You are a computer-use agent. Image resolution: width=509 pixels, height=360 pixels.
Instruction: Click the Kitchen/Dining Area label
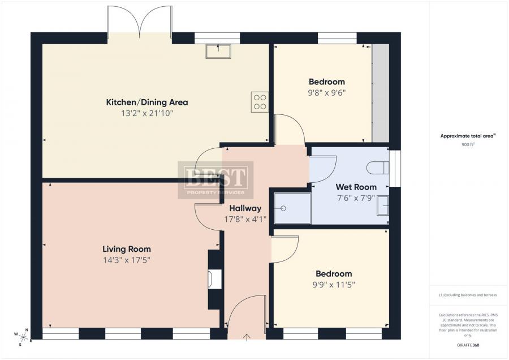click(x=147, y=102)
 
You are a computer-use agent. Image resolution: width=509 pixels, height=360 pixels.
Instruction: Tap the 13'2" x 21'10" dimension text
click(x=147, y=113)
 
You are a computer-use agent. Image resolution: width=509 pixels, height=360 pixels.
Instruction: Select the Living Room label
click(x=127, y=249)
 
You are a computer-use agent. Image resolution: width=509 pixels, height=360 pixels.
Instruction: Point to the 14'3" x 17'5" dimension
click(x=127, y=260)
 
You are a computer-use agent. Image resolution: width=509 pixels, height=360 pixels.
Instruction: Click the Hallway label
click(x=245, y=208)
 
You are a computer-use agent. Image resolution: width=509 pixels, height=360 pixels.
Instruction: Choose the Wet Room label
click(x=356, y=187)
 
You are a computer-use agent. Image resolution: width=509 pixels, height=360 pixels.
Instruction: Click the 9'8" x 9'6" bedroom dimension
click(x=327, y=93)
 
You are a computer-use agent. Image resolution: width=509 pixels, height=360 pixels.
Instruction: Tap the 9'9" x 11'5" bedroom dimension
click(x=334, y=285)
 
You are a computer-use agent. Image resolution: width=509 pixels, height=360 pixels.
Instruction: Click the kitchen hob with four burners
click(x=260, y=102)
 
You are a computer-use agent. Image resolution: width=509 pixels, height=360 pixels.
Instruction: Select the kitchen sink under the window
click(x=218, y=51)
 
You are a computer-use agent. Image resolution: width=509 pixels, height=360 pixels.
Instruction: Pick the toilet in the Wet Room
click(x=378, y=168)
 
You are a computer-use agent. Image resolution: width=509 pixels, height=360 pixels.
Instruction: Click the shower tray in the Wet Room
click(x=292, y=208)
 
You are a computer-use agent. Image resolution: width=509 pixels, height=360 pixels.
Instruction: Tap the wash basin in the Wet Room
click(x=383, y=205)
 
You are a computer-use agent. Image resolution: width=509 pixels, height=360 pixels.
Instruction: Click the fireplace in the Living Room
click(x=215, y=279)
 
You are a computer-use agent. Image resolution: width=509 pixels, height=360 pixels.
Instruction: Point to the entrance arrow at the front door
click(x=247, y=337)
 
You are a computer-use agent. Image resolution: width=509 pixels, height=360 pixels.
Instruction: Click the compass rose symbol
click(x=23, y=337)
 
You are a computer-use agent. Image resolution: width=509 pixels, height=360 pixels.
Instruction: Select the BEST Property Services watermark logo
click(x=215, y=180)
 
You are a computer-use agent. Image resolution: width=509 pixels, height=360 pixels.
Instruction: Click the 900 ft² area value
click(x=468, y=144)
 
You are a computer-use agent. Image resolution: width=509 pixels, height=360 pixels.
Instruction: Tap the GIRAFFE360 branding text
click(x=468, y=345)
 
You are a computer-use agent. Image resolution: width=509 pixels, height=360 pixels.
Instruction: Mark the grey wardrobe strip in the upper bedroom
click(x=381, y=93)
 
